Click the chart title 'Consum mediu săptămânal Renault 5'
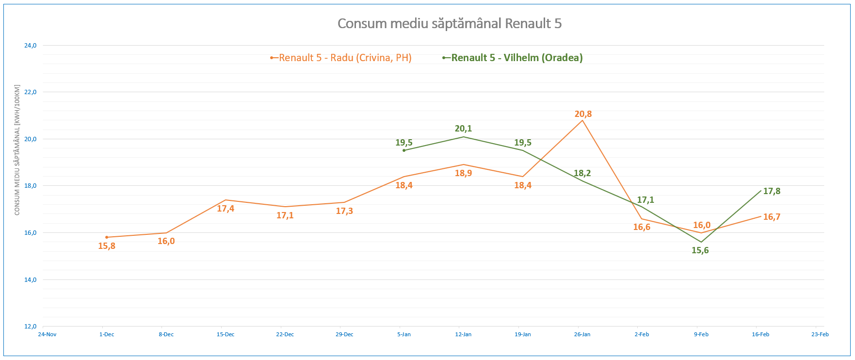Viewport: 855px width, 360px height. click(x=450, y=24)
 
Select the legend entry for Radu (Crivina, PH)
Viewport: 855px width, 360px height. click(x=345, y=58)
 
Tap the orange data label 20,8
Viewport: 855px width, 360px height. click(x=583, y=114)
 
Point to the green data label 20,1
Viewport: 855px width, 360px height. click(x=463, y=129)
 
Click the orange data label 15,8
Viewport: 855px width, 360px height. click(x=107, y=246)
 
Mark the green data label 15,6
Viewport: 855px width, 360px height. click(x=700, y=250)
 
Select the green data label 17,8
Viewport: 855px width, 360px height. click(x=772, y=191)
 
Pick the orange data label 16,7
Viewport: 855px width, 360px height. click(x=772, y=217)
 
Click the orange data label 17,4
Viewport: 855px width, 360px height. click(x=226, y=209)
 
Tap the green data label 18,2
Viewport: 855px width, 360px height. click(x=582, y=173)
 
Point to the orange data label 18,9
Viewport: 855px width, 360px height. click(x=463, y=173)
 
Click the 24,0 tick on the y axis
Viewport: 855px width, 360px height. click(x=30, y=46)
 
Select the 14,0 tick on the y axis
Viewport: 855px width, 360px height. click(x=30, y=280)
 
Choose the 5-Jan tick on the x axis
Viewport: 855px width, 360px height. click(x=404, y=334)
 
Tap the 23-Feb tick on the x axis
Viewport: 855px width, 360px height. click(x=820, y=334)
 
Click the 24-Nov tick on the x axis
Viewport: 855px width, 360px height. click(x=47, y=334)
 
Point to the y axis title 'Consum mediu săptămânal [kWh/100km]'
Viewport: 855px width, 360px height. click(x=17, y=150)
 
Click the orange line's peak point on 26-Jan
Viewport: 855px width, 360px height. click(x=582, y=120)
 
